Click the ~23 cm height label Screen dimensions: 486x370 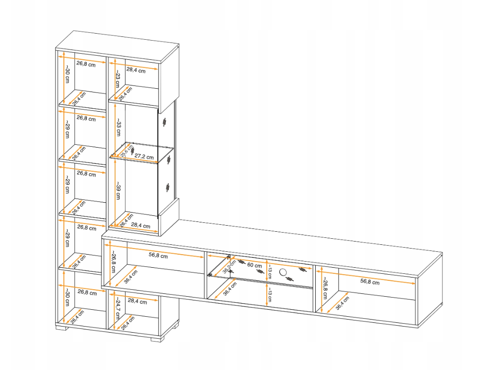(x=118, y=78)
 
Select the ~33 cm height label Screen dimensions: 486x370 (x=118, y=127)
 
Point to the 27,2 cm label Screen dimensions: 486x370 (x=144, y=157)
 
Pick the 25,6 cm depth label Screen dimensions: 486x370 (x=127, y=151)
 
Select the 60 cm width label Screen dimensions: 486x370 (x=255, y=265)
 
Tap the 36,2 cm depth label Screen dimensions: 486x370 (x=229, y=266)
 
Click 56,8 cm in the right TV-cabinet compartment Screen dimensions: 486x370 (x=370, y=282)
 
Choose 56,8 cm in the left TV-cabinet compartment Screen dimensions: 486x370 (x=158, y=256)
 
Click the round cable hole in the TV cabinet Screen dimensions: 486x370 (x=283, y=272)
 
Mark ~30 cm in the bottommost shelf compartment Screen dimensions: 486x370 (x=67, y=297)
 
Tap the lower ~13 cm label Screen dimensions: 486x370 (x=270, y=295)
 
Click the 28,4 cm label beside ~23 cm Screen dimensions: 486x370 (x=136, y=70)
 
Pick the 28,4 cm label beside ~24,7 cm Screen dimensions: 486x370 (x=137, y=301)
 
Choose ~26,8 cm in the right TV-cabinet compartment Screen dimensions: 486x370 (x=325, y=288)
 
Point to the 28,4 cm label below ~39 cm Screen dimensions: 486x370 (x=140, y=225)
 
